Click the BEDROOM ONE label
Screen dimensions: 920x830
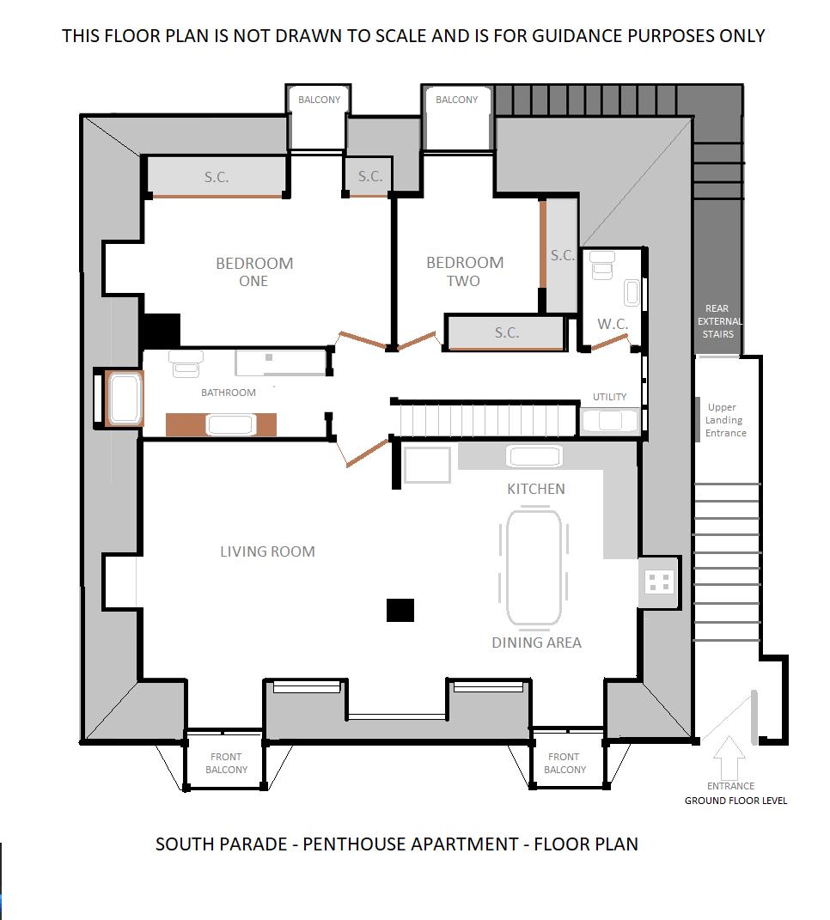pyautogui.click(x=254, y=271)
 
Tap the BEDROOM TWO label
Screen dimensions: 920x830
pyautogui.click(x=465, y=271)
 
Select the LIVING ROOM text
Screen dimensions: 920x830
pyautogui.click(x=267, y=551)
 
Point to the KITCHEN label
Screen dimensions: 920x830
pyautogui.click(x=536, y=489)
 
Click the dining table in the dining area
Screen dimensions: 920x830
pyautogui.click(x=534, y=567)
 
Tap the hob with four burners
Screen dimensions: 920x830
pyautogui.click(x=659, y=582)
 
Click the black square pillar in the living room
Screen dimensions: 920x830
pyautogui.click(x=400, y=610)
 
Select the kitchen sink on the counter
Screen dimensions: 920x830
pyautogui.click(x=534, y=455)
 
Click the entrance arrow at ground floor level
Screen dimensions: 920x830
pyautogui.click(x=729, y=756)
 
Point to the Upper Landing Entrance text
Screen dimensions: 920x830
pyautogui.click(x=725, y=420)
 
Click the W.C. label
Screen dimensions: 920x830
pyautogui.click(x=613, y=325)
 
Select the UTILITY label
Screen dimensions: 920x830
pyautogui.click(x=609, y=397)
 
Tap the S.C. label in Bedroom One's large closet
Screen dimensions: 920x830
pyautogui.click(x=217, y=177)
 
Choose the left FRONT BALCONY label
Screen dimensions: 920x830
pyautogui.click(x=227, y=763)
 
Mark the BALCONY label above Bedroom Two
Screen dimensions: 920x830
pyautogui.click(x=456, y=100)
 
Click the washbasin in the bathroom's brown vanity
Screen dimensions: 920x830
pyautogui.click(x=229, y=424)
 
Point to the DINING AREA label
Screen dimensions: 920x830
pyautogui.click(x=536, y=643)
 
